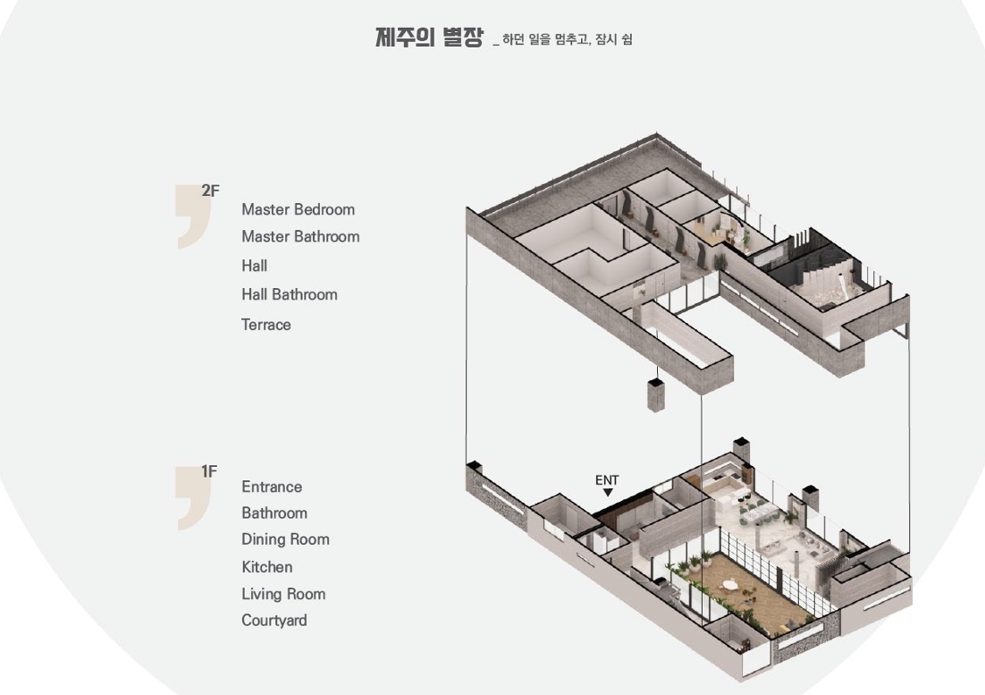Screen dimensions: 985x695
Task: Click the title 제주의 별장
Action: pyautogui.click(x=430, y=37)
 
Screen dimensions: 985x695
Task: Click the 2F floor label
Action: pyautogui.click(x=210, y=191)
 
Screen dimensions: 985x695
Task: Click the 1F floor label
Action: pyautogui.click(x=209, y=471)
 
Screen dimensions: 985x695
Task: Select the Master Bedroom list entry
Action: pyautogui.click(x=299, y=209)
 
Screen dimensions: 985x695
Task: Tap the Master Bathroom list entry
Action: pyautogui.click(x=301, y=237)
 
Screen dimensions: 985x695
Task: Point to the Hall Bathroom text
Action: pyautogui.click(x=290, y=294)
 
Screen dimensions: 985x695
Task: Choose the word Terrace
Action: pyautogui.click(x=266, y=325)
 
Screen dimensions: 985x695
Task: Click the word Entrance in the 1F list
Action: pyautogui.click(x=272, y=487)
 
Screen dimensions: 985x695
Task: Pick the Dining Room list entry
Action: pyautogui.click(x=286, y=539)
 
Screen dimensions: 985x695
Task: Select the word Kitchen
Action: pyautogui.click(x=267, y=567)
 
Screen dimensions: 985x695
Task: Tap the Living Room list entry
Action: pyautogui.click(x=284, y=595)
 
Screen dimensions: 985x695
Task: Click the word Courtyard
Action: pyautogui.click(x=274, y=621)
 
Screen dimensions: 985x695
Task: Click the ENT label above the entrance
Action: pyautogui.click(x=607, y=480)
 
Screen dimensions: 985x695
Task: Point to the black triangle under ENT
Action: pyautogui.click(x=608, y=493)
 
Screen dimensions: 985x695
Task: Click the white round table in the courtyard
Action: pyautogui.click(x=730, y=585)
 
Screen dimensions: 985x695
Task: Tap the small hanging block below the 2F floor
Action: pyautogui.click(x=656, y=394)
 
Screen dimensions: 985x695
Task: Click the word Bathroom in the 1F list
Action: pyautogui.click(x=274, y=513)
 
